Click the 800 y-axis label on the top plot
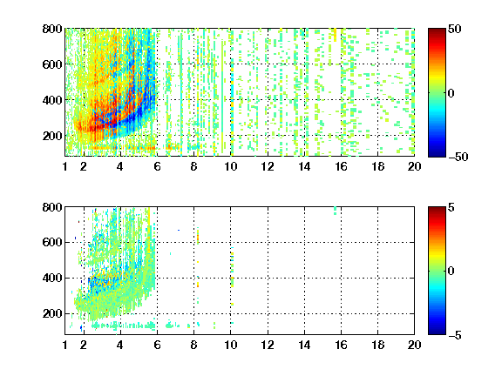coord(52,29)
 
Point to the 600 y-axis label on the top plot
coord(52,64)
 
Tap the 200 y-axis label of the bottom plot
coord(52,313)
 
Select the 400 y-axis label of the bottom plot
coord(52,278)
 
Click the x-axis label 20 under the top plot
coord(414,166)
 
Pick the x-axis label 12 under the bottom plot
coord(268,345)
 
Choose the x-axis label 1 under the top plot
coord(65,166)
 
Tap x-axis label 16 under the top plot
coord(341,166)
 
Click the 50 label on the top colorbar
coord(455,29)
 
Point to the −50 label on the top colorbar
coord(458,157)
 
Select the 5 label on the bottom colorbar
coord(451,207)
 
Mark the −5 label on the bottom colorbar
coord(455,335)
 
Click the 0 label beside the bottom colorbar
coord(451,272)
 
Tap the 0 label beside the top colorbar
coord(451,93)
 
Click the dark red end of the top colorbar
coord(437,31)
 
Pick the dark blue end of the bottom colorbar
coord(437,332)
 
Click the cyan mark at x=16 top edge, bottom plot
coord(336,211)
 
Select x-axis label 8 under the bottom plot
coord(193,345)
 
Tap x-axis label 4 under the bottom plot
coord(120,345)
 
